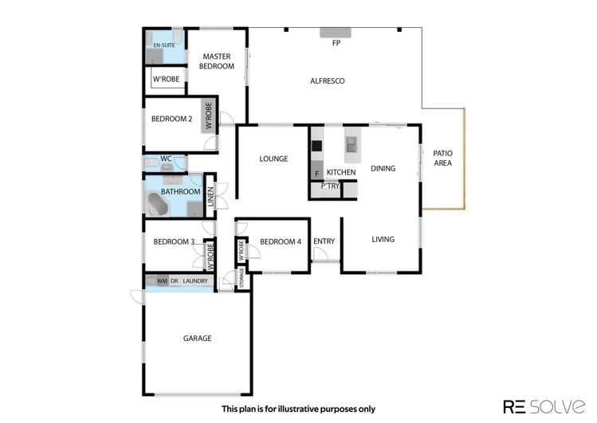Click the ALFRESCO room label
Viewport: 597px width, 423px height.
coord(327,80)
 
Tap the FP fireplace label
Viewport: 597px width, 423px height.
coord(336,43)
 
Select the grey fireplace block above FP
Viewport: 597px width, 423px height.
coord(336,33)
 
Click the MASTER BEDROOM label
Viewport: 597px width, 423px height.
coord(218,61)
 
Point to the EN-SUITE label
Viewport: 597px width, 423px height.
coord(163,45)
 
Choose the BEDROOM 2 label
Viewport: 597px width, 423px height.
coord(171,119)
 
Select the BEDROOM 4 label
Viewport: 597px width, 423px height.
coord(281,242)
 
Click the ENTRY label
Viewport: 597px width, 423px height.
coord(324,242)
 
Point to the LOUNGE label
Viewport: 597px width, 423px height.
coord(273,159)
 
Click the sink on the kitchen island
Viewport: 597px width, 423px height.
coord(352,144)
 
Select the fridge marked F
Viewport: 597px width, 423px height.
coord(317,173)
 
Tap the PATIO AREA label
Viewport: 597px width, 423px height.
coord(442,158)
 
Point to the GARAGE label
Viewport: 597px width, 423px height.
coord(197,338)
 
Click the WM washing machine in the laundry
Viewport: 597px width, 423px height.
coord(161,281)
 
